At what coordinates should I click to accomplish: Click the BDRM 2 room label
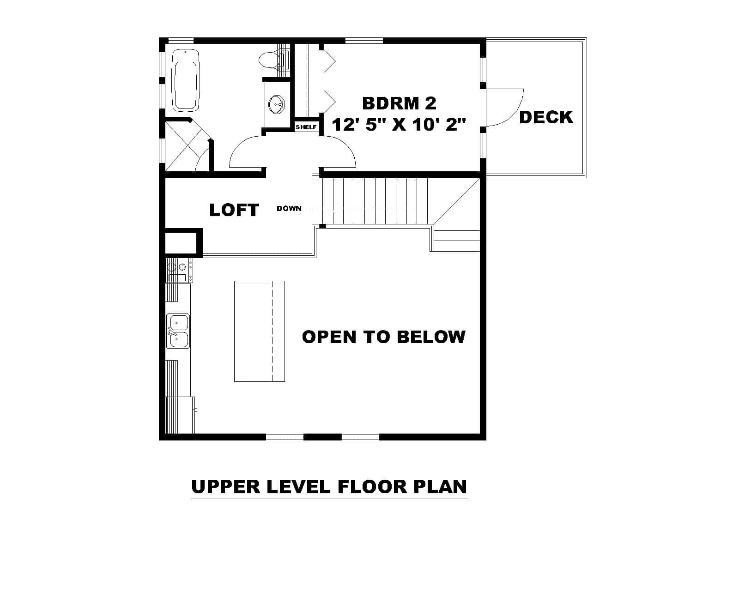point(399,103)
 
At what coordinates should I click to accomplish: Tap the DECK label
point(546,117)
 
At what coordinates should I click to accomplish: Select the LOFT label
point(234,210)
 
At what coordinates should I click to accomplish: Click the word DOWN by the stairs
point(289,209)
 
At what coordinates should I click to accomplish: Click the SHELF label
point(306,127)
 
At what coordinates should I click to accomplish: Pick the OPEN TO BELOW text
point(383,337)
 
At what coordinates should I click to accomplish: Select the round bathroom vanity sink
point(277,104)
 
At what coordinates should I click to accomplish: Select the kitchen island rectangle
point(259,331)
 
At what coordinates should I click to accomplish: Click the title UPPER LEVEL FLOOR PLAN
point(329,487)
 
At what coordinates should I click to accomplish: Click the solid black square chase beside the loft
point(183,241)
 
